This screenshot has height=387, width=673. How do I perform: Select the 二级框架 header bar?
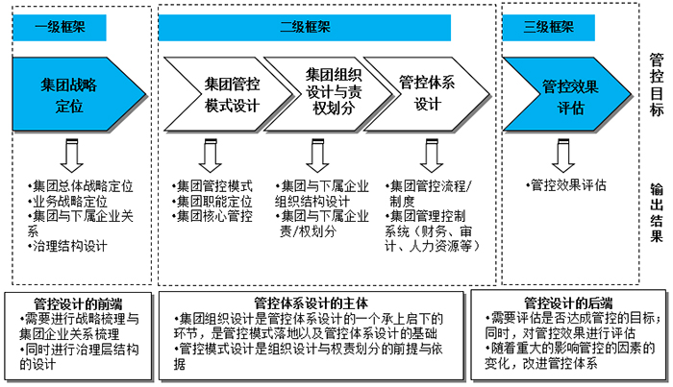330,28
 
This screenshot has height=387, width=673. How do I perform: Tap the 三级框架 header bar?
550,28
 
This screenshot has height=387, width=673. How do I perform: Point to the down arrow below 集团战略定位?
70,155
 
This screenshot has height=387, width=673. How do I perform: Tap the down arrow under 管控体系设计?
429,155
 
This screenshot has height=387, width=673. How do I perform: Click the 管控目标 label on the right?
656,86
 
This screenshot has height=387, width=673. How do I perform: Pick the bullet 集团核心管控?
212,216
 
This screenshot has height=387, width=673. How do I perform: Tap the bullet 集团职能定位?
212,201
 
